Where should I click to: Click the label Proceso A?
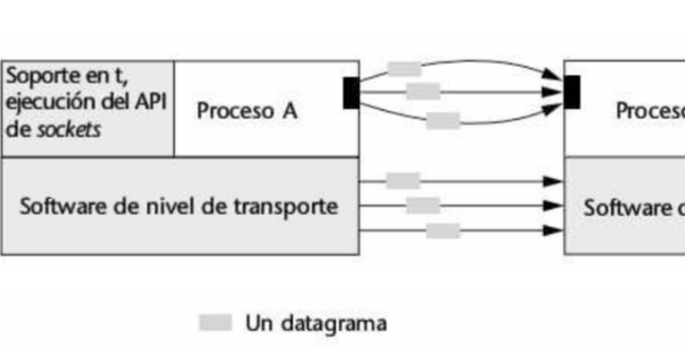[247, 110]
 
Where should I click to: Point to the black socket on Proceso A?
[351, 92]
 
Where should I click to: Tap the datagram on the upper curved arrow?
[404, 69]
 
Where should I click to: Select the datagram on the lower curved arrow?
[443, 121]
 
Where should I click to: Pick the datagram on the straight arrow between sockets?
[424, 91]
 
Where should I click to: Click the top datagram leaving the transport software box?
[403, 181]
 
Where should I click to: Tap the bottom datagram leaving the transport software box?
[443, 231]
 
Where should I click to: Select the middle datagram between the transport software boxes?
[424, 206]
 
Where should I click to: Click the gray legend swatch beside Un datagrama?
[215, 322]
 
